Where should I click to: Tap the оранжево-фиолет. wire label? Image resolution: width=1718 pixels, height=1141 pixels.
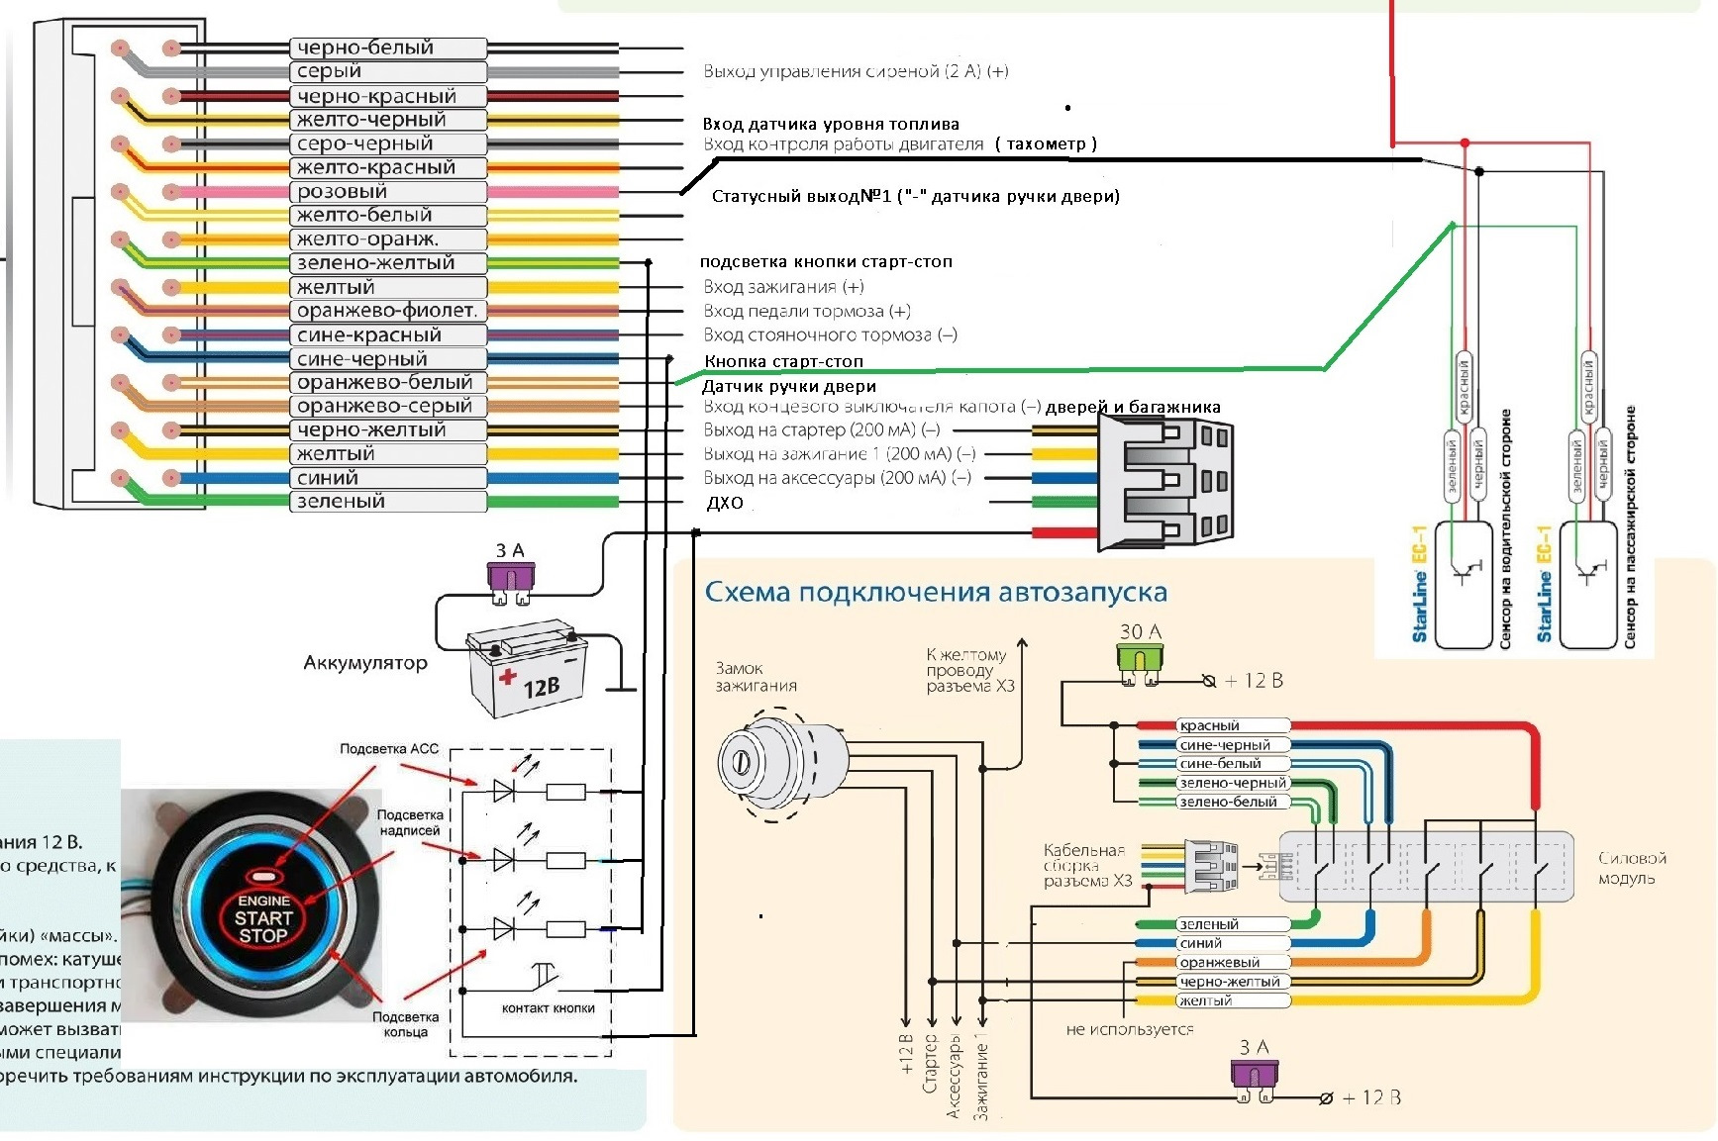click(x=387, y=311)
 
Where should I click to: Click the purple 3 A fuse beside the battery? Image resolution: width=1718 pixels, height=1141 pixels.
click(x=510, y=580)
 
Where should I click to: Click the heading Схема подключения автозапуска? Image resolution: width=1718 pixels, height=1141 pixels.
click(x=936, y=593)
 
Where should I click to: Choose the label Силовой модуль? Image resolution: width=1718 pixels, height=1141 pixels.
click(x=1632, y=868)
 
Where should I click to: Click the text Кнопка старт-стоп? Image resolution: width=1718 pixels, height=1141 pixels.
click(x=783, y=361)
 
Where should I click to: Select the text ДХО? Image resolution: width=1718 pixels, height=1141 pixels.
click(x=725, y=503)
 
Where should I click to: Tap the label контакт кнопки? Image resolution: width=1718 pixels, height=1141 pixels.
click(x=548, y=1008)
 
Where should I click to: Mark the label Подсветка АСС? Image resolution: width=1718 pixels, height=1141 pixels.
click(x=388, y=749)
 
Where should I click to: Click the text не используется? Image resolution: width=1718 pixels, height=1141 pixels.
click(x=1129, y=1029)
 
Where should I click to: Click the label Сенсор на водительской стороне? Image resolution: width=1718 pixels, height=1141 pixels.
click(x=1505, y=529)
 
